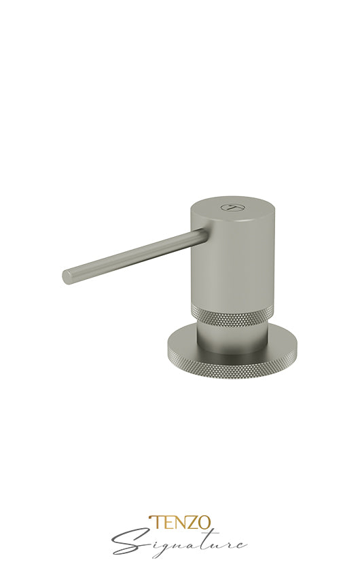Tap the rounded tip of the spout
point(67,276)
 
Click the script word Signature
point(179,544)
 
